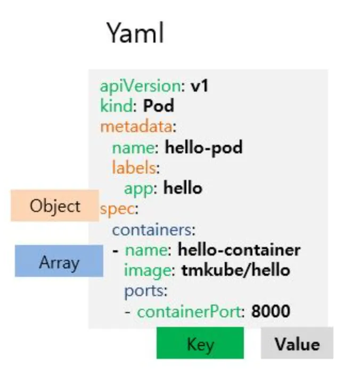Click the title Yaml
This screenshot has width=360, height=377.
pyautogui.click(x=135, y=33)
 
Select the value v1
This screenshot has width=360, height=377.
pyautogui.click(x=199, y=86)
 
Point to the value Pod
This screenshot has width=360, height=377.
pyautogui.click(x=158, y=106)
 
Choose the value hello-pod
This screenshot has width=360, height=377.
pyautogui.click(x=203, y=147)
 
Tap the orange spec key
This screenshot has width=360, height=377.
pyautogui.click(x=111, y=208)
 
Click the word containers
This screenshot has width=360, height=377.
pyautogui.click(x=153, y=230)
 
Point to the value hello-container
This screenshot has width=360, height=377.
pyautogui.click(x=239, y=250)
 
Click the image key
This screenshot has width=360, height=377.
pyautogui.click(x=148, y=271)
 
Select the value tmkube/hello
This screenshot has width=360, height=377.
pyautogui.click(x=235, y=270)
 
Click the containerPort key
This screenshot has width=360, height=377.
pyautogui.click(x=189, y=312)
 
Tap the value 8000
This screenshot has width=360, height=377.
pyautogui.click(x=271, y=312)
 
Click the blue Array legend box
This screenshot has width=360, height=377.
pyautogui.click(x=59, y=261)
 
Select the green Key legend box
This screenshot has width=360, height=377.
pyautogui.click(x=200, y=343)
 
